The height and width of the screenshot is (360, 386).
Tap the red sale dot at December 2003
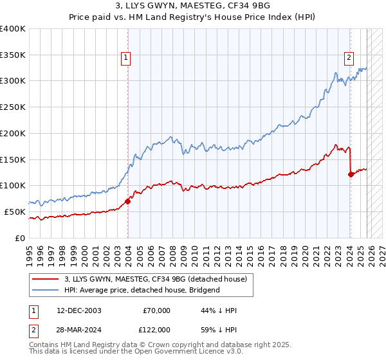click(127, 201)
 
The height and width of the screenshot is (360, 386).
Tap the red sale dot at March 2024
click(351, 174)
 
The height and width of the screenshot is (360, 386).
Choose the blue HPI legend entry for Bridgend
click(142, 290)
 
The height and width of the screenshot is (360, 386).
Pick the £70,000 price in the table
click(157, 310)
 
